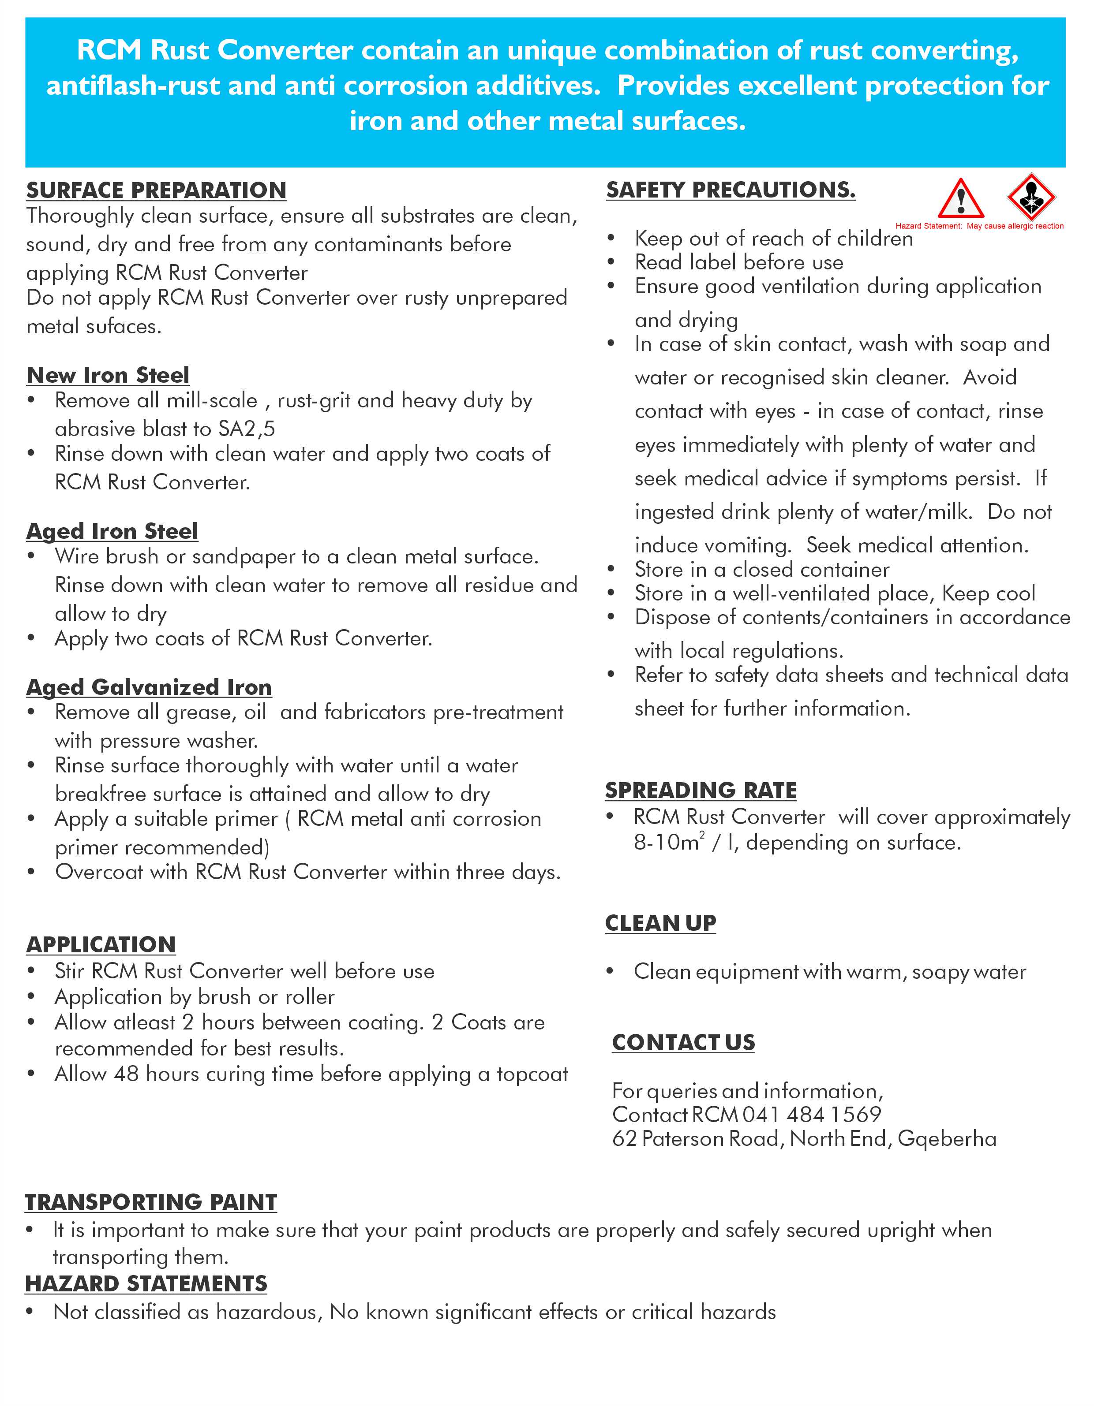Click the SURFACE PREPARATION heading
156,190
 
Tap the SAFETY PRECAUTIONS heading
730,190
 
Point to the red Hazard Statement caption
979,226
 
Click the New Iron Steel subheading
108,375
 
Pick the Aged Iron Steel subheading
112,531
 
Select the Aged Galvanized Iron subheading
149,687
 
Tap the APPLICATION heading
101,944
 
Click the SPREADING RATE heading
701,790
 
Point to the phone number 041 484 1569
812,1115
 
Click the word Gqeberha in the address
947,1139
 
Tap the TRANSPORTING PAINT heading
151,1202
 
